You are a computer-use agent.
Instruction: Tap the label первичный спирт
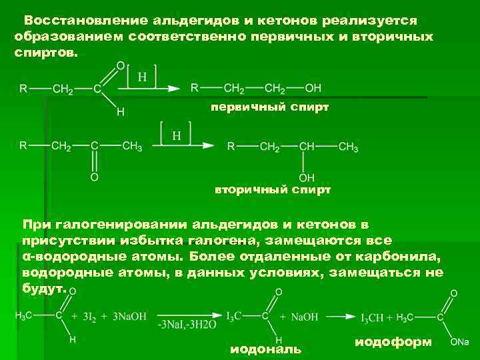pos(269,107)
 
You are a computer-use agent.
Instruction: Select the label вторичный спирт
pos(272,190)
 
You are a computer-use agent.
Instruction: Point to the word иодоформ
pos(393,342)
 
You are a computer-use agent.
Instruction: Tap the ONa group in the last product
pos(459,341)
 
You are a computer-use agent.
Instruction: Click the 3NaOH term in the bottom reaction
pos(129,316)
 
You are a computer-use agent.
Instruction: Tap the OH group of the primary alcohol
pos(313,88)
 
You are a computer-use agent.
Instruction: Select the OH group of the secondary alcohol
pos(307,178)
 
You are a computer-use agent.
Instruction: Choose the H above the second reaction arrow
pos(177,135)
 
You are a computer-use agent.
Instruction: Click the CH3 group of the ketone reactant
pos(132,145)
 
